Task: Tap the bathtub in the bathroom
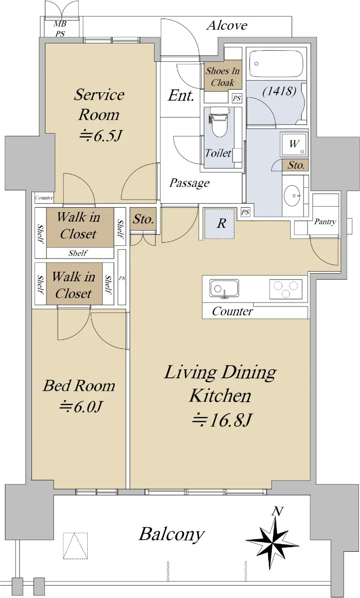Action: tap(276, 64)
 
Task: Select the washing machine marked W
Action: tap(294, 144)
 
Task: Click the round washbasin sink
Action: tap(292, 195)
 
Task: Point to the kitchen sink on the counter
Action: tap(224, 289)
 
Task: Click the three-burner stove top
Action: tap(286, 289)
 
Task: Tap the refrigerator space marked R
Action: tap(219, 223)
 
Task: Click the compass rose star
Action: tap(272, 541)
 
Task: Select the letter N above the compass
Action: tap(277, 511)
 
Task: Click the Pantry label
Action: tap(325, 222)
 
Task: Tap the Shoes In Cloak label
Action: tap(222, 77)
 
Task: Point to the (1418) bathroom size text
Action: tap(279, 91)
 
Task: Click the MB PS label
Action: tap(60, 28)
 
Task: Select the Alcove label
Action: tap(227, 25)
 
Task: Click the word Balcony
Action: tap(172, 534)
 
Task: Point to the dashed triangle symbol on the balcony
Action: tap(75, 546)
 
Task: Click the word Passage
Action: tap(189, 183)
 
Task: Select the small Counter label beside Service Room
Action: tap(44, 198)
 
